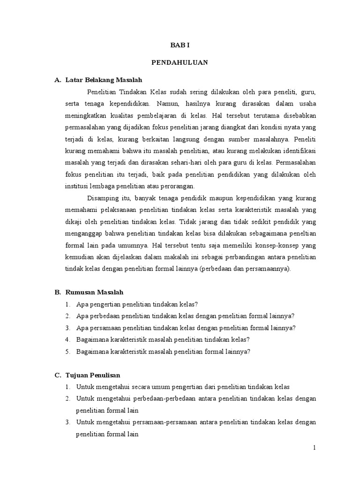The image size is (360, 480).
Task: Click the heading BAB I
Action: click(x=180, y=45)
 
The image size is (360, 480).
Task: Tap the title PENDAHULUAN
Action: click(x=180, y=62)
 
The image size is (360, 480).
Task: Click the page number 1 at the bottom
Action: click(x=315, y=448)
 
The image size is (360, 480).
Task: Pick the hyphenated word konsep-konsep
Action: click(x=274, y=246)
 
